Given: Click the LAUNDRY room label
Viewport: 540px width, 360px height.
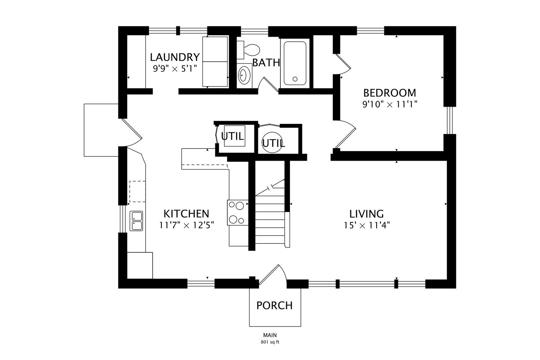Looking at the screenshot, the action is [x=175, y=57].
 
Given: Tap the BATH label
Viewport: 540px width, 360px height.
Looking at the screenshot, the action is [x=266, y=63].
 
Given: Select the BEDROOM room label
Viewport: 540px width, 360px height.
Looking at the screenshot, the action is [x=390, y=93].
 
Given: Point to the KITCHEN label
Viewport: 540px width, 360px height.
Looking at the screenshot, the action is [x=186, y=214].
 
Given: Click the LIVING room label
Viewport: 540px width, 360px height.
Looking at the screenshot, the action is [x=366, y=214].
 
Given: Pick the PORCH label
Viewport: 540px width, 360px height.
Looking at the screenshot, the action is [x=275, y=306].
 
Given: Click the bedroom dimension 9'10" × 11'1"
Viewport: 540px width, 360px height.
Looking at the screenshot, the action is [x=390, y=104].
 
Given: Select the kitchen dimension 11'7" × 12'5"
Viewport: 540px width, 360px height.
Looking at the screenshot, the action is [x=187, y=225].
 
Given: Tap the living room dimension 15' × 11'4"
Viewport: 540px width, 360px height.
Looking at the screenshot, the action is [x=367, y=225].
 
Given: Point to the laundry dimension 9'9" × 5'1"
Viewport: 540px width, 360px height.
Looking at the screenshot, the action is [x=175, y=69].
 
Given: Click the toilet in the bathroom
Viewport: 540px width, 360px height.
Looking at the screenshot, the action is [x=248, y=50].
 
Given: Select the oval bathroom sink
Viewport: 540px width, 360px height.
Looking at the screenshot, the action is [x=244, y=75].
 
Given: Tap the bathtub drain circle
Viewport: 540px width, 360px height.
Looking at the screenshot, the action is [x=295, y=79].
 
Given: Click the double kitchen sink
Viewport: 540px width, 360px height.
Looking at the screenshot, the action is [x=136, y=221].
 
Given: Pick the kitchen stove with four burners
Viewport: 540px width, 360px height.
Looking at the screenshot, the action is [x=238, y=213].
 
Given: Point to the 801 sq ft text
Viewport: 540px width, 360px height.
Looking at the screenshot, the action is [x=270, y=342].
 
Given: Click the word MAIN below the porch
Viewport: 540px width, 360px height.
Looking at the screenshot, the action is [x=270, y=335].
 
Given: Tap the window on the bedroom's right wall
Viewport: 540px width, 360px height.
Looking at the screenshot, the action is [x=450, y=120].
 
